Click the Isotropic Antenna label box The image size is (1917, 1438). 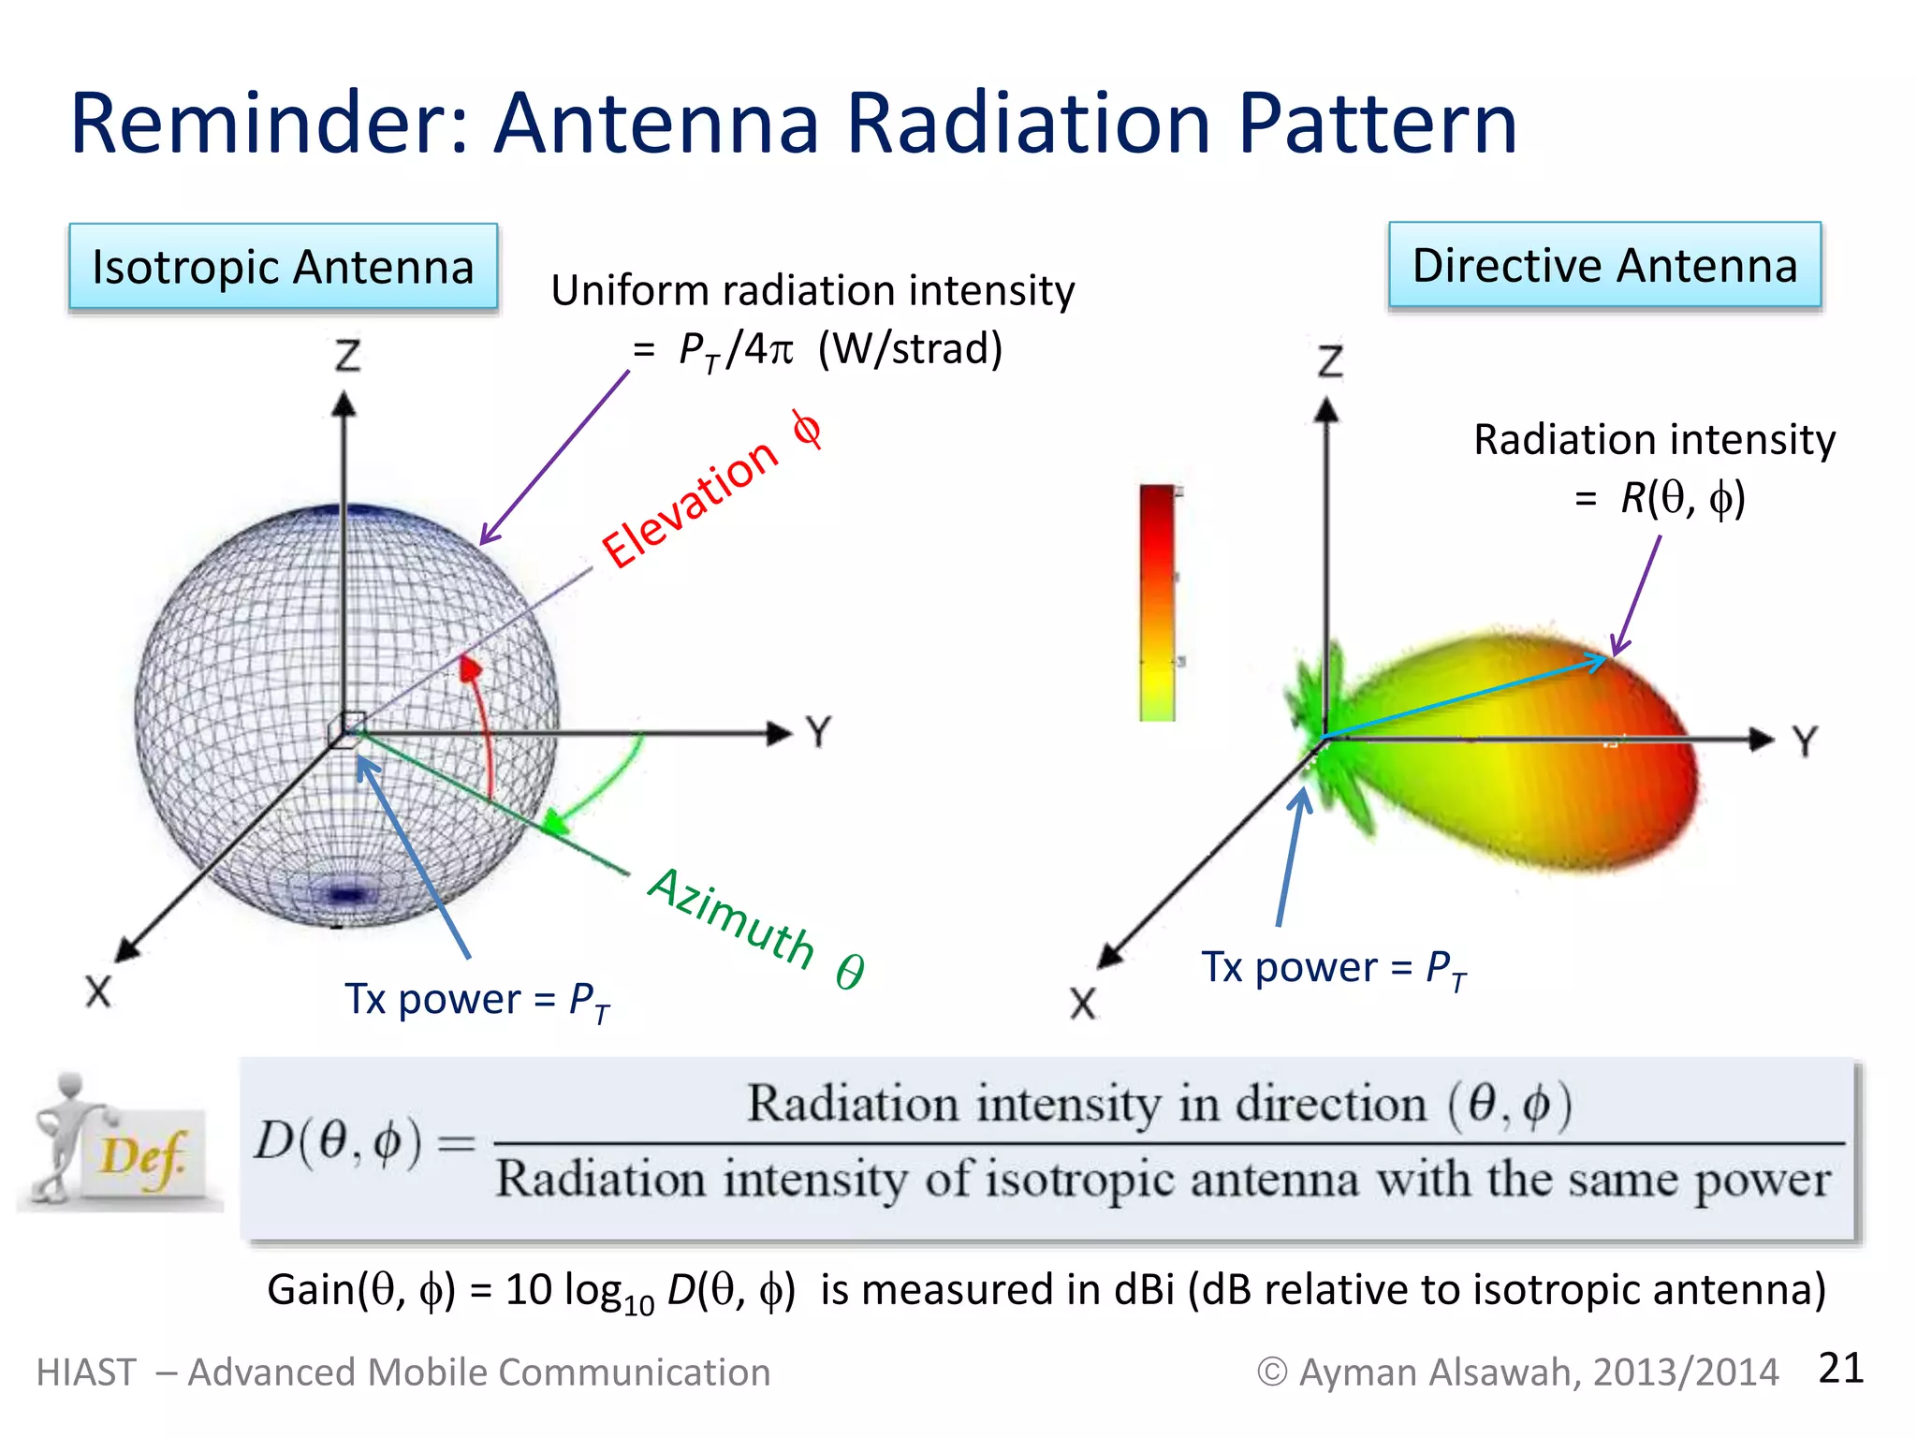point(283,267)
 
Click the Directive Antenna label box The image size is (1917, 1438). point(1604,265)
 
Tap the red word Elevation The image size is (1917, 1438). point(690,504)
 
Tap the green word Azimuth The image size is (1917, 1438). point(731,917)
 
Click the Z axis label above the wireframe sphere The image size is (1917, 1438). point(347,356)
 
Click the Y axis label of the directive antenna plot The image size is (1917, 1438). point(1806,741)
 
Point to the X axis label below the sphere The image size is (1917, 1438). point(98,991)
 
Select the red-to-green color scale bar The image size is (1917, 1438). point(1158,603)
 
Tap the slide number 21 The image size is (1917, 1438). point(1840,1368)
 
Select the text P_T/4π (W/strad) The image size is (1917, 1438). point(841,349)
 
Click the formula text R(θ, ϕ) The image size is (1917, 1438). point(1682,497)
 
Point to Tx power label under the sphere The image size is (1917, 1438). point(476,1000)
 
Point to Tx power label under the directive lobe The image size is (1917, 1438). point(1333,968)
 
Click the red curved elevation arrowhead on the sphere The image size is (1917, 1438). point(470,668)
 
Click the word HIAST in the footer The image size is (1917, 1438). point(86,1372)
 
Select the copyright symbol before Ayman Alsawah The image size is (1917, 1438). point(1271,1372)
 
